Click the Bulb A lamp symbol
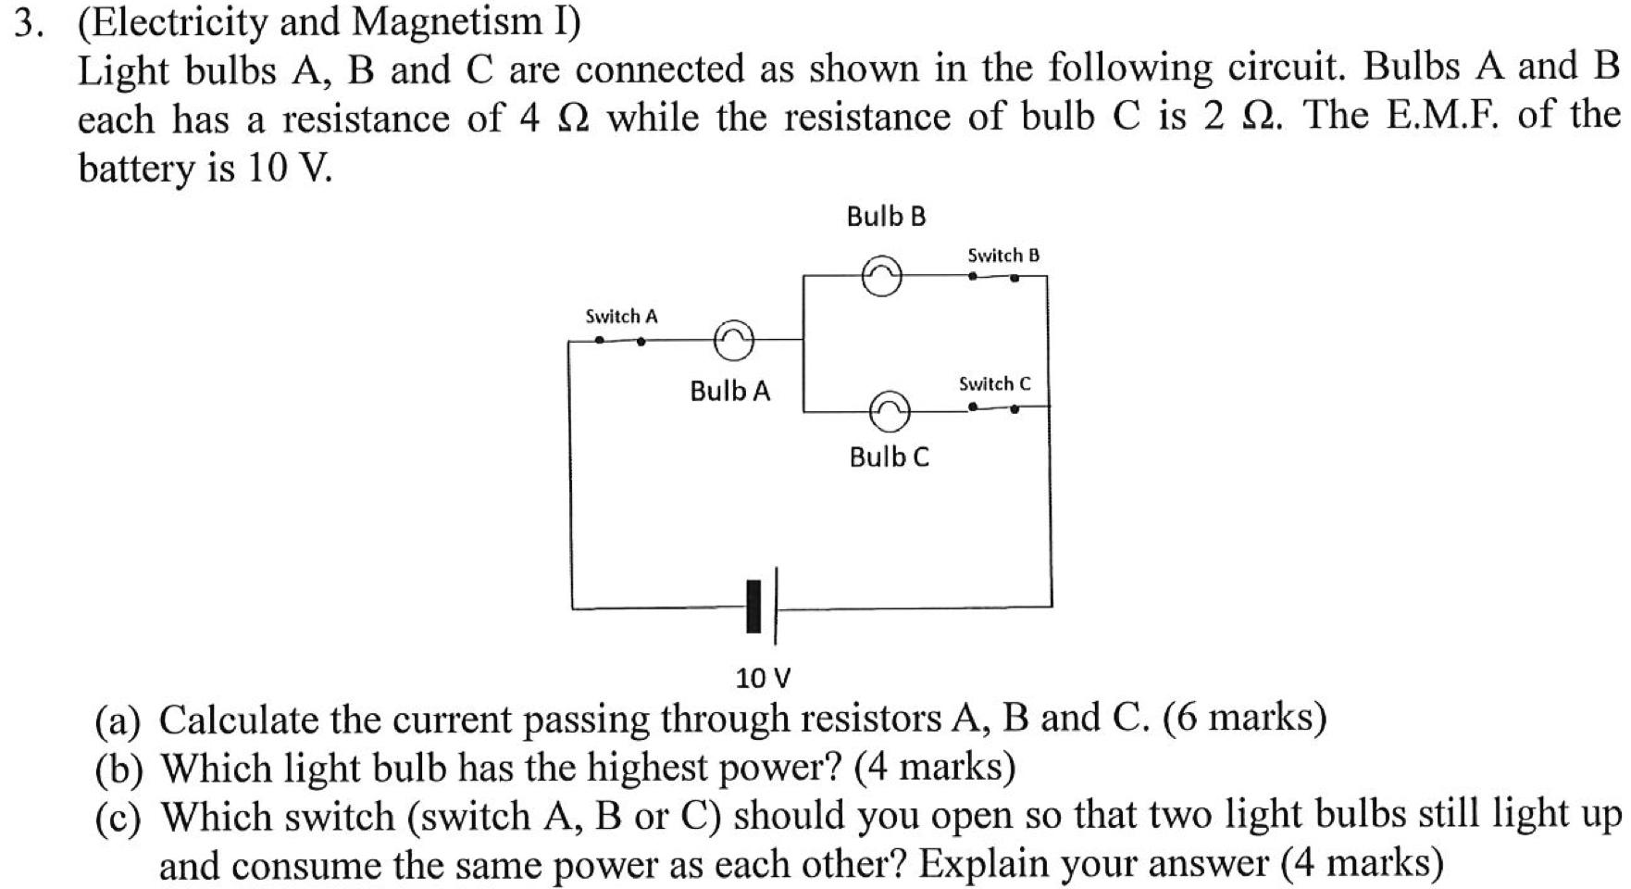733,341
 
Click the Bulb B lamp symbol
881,276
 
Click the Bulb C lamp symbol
890,410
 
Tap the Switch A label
621,317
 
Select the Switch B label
1003,255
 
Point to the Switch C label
994,383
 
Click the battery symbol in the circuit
762,607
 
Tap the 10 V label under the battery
763,679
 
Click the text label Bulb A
729,391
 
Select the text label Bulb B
886,217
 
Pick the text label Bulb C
889,457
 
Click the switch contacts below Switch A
620,340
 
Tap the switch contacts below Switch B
993,276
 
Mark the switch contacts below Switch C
993,407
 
